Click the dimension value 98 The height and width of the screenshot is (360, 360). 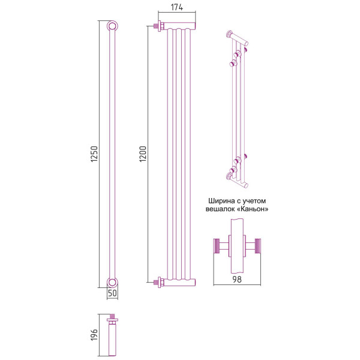[237, 278]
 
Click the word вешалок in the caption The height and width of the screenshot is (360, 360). [218, 209]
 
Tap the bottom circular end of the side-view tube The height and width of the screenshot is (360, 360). [112, 283]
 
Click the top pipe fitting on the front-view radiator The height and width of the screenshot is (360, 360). [158, 26]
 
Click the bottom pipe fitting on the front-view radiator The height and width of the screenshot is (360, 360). [158, 280]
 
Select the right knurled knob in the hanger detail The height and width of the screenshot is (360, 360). [259, 246]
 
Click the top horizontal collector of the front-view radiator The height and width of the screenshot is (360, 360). [179, 26]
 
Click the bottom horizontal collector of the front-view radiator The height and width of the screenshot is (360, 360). [179, 280]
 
